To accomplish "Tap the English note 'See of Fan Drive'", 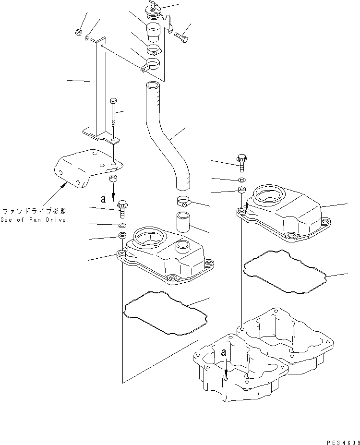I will (x=34, y=219).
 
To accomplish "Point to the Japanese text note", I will (x=34, y=211).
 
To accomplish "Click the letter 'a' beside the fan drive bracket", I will (x=102, y=198).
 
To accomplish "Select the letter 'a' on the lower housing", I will (x=223, y=352).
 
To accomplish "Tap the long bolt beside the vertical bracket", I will (x=113, y=113).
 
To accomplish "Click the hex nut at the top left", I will (x=78, y=32).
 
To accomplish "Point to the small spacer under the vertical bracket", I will (x=114, y=180).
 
